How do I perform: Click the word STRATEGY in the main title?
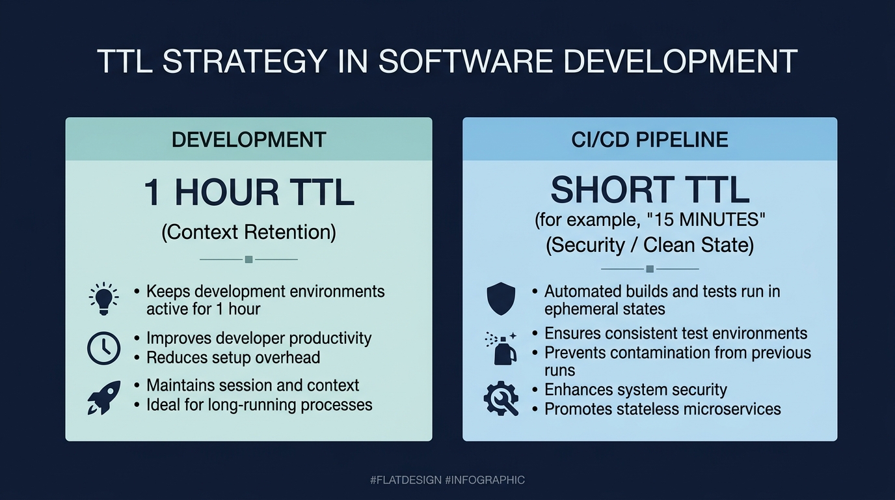pyautogui.click(x=245, y=61)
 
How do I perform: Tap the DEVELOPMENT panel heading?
pyautogui.click(x=249, y=139)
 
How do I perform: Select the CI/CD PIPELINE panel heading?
pyautogui.click(x=650, y=139)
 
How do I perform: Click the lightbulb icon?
pyautogui.click(x=104, y=299)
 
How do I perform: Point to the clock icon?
pyautogui.click(x=104, y=348)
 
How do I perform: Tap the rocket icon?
pyautogui.click(x=104, y=397)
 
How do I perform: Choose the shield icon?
pyautogui.click(x=501, y=298)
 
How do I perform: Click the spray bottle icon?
pyautogui.click(x=501, y=348)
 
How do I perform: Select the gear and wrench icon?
pyautogui.click(x=501, y=398)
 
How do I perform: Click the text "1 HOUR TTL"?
pyautogui.click(x=249, y=193)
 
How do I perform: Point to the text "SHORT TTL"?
pyautogui.click(x=650, y=189)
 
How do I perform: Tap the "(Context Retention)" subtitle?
pyautogui.click(x=249, y=232)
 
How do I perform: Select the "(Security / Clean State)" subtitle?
pyautogui.click(x=650, y=245)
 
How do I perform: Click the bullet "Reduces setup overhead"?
pyautogui.click(x=234, y=357)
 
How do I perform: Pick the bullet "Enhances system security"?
pyautogui.click(x=635, y=389)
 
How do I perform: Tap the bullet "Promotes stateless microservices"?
pyautogui.click(x=662, y=409)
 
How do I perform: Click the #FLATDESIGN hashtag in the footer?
pyautogui.click(x=406, y=480)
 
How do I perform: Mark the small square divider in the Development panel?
pyautogui.click(x=249, y=260)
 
